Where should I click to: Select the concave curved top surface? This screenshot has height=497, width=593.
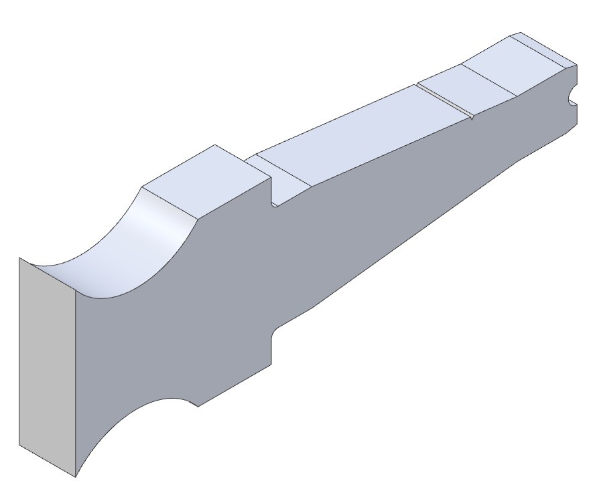(127, 247)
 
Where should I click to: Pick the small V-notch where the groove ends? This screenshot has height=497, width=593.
(472, 118)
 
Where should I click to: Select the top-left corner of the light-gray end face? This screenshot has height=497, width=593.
(19, 258)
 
